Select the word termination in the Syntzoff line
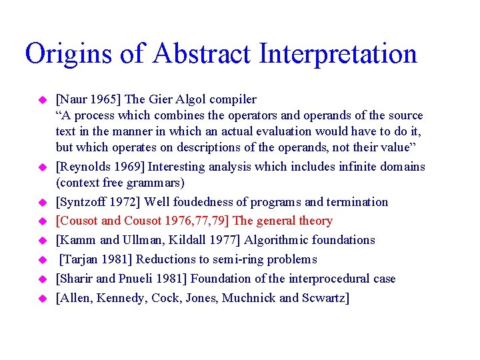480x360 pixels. (x=357, y=202)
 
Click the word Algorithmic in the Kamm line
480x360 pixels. (x=277, y=240)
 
